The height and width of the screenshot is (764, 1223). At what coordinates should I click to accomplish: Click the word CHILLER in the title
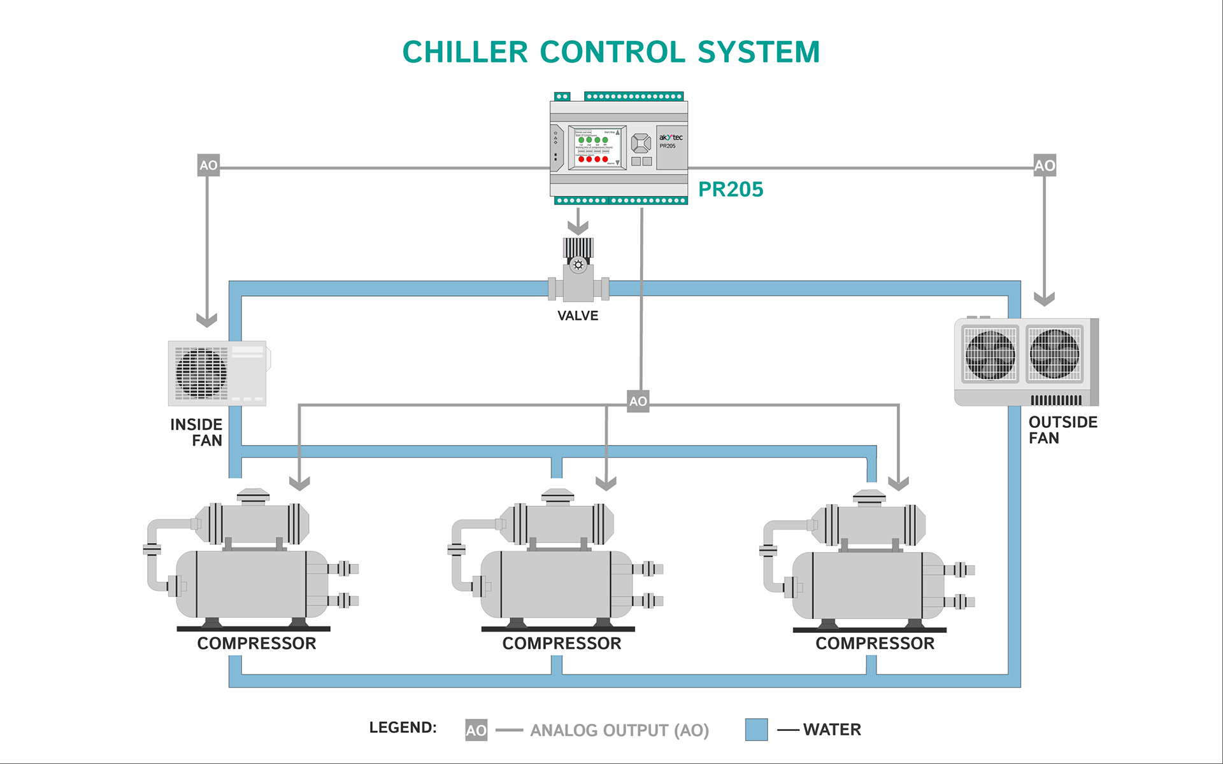(465, 52)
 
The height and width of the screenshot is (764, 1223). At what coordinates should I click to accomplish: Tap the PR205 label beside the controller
(730, 189)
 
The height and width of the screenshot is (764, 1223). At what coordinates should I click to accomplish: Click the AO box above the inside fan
(208, 166)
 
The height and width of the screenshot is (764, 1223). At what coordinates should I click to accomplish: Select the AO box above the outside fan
(1045, 166)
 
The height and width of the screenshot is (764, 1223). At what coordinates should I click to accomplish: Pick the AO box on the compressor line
(638, 401)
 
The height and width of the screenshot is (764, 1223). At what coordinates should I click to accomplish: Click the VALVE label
(578, 316)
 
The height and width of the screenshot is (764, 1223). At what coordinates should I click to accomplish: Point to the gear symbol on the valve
(578, 265)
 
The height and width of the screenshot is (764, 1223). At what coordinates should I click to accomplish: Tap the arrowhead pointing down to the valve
(578, 227)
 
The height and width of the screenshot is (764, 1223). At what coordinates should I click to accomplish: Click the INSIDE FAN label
(197, 432)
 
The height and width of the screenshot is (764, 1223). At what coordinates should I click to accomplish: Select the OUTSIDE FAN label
(1062, 430)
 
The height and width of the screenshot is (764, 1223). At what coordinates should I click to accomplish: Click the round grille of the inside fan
(201, 373)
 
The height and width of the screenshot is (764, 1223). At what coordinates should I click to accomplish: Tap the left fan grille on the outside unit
(990, 355)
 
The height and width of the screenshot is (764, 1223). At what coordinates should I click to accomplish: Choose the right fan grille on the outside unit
(1054, 355)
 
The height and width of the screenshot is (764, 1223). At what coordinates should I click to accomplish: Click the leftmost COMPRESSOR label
(256, 644)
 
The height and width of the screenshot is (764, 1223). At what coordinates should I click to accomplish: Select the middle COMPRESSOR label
(561, 644)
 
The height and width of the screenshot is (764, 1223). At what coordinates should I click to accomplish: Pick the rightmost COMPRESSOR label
(875, 644)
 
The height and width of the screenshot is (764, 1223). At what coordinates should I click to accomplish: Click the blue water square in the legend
(756, 730)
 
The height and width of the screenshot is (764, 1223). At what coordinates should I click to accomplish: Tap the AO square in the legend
(476, 730)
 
